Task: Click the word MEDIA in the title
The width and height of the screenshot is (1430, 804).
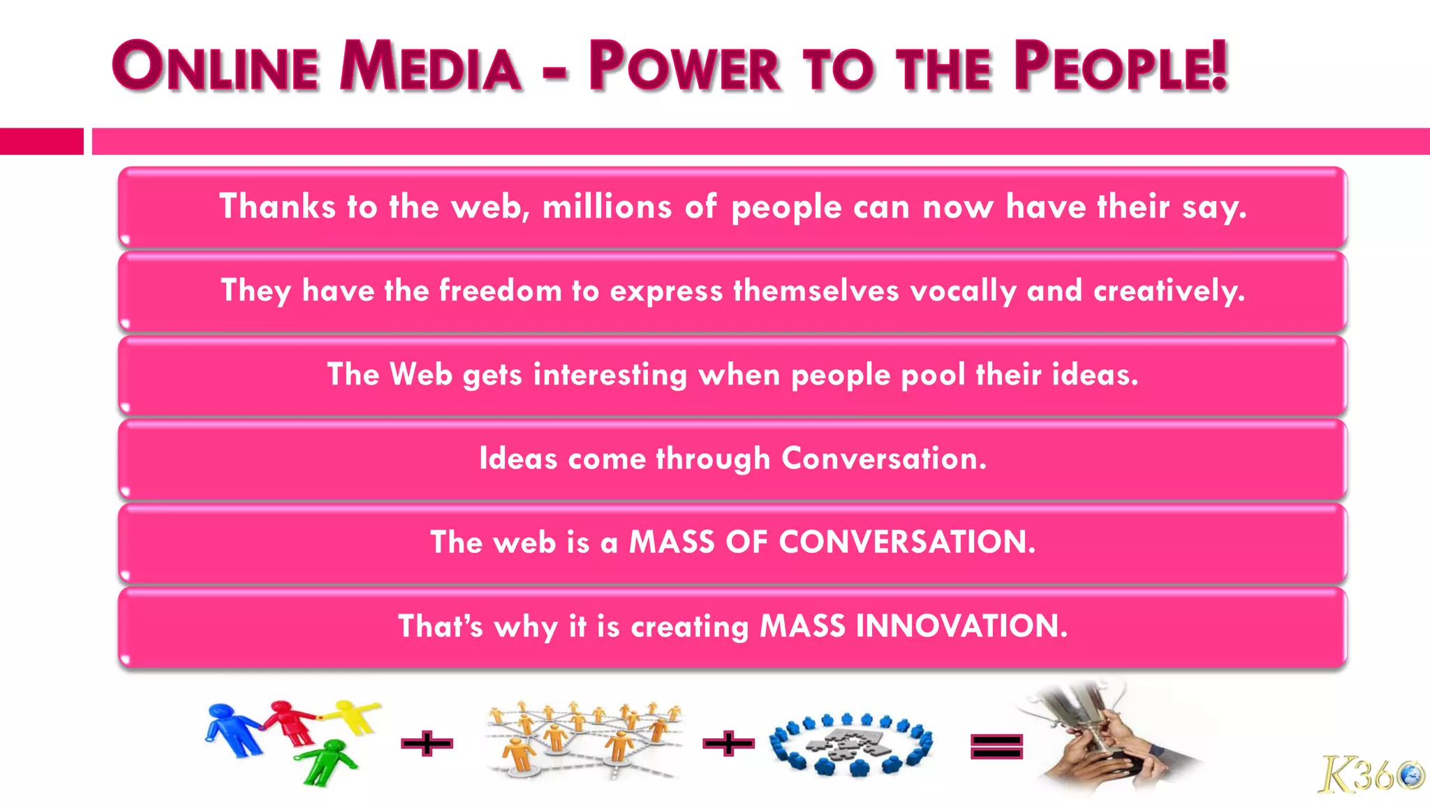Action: click(430, 67)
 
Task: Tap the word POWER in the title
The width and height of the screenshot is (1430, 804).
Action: click(684, 67)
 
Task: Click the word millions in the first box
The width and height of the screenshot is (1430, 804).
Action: click(607, 207)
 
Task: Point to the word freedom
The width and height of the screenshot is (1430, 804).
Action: click(500, 291)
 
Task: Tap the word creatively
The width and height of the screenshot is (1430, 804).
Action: click(1169, 291)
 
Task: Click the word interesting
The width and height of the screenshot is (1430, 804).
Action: click(610, 375)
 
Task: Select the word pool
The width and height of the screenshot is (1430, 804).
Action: click(933, 375)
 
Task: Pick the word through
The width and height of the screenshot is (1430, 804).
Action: click(713, 459)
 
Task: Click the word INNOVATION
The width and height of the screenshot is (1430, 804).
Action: click(961, 626)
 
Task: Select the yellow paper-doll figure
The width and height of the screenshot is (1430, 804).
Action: click(355, 715)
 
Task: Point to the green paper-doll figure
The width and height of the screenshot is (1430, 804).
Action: click(328, 761)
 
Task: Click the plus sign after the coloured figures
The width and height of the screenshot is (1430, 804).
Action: click(427, 744)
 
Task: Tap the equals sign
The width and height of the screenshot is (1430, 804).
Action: click(996, 746)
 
